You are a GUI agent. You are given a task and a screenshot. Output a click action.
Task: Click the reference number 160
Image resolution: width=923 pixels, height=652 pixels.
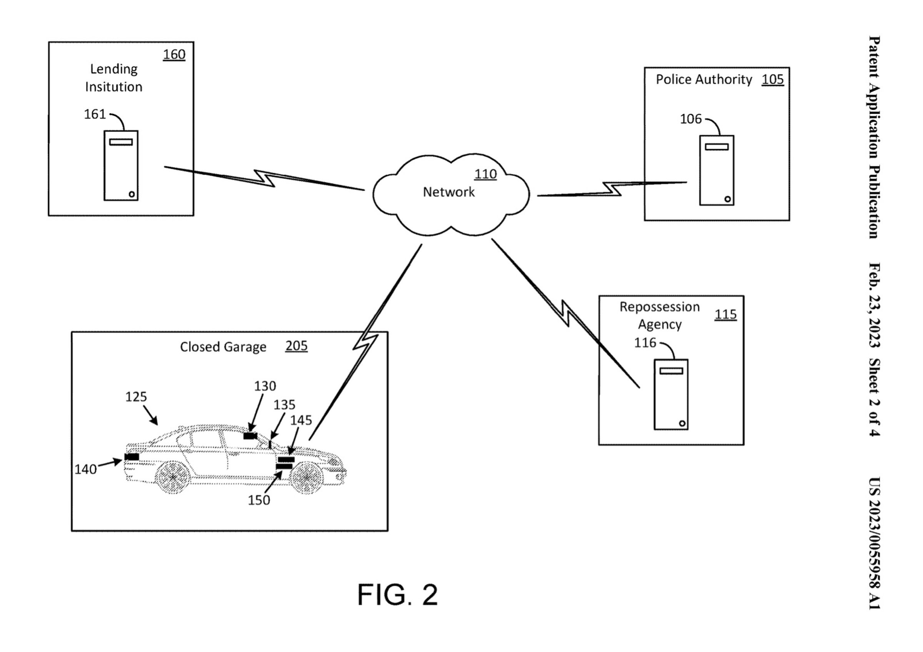coord(174,54)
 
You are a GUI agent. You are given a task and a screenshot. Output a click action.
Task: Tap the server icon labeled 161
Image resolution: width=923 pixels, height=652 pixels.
coord(121,166)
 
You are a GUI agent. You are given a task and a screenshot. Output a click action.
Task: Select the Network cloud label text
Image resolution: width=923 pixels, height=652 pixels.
coord(449,192)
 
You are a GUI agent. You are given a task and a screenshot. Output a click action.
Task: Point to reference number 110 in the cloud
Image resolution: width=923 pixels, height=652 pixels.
coord(485,174)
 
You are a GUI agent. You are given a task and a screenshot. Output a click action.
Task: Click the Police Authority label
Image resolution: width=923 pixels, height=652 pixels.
coord(703,80)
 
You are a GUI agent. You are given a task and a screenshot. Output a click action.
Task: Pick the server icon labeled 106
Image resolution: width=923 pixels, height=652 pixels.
coord(716,170)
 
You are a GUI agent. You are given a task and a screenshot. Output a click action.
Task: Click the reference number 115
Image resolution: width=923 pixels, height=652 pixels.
coord(725,314)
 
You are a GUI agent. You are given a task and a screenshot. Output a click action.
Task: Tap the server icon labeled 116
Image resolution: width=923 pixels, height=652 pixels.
coord(671,395)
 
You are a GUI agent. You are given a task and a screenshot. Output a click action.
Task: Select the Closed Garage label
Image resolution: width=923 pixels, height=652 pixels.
coord(223,347)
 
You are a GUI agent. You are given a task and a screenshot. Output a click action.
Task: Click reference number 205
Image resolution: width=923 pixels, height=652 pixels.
coord(296,346)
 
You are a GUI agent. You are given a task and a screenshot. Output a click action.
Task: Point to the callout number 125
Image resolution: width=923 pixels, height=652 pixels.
coord(136,397)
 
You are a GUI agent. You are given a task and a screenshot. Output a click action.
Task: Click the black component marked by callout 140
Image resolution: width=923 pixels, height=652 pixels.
coord(132,457)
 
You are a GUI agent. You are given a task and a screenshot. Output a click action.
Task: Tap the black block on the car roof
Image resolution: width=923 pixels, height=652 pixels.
coord(250,436)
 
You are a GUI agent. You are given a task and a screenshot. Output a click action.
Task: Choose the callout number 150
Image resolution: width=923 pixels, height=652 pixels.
coord(259,500)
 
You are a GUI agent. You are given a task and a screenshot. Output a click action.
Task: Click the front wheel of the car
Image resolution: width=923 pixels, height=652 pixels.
coord(307,477)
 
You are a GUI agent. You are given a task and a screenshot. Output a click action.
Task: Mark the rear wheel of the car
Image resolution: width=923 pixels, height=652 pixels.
coord(173,477)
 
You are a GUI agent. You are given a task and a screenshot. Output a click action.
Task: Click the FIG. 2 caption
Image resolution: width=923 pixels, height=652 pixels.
coord(397,595)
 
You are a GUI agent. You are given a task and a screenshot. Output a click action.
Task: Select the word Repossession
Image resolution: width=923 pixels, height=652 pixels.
coord(659,307)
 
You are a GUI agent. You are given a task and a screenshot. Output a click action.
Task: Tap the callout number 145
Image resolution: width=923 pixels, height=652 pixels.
coord(301,420)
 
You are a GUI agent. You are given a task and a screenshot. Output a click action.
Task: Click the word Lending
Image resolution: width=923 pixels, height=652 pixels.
coord(114,69)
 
